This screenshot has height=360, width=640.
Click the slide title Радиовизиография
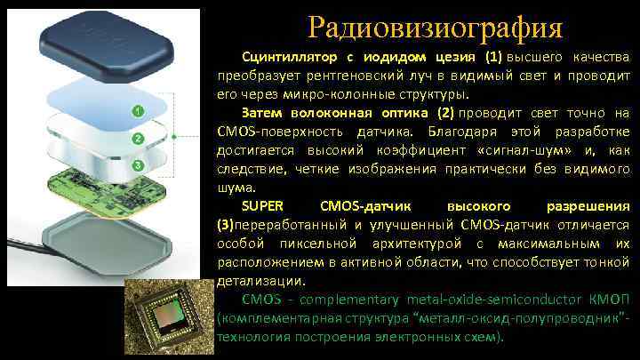436,27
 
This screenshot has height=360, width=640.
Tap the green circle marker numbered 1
138,111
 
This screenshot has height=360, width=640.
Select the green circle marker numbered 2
138,139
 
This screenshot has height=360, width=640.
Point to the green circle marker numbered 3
138,165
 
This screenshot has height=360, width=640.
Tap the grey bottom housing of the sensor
105,240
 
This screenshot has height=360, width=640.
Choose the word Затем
260,114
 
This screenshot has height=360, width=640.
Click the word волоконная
324,114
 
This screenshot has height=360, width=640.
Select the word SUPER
259,207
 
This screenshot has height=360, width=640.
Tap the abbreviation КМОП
611,300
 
